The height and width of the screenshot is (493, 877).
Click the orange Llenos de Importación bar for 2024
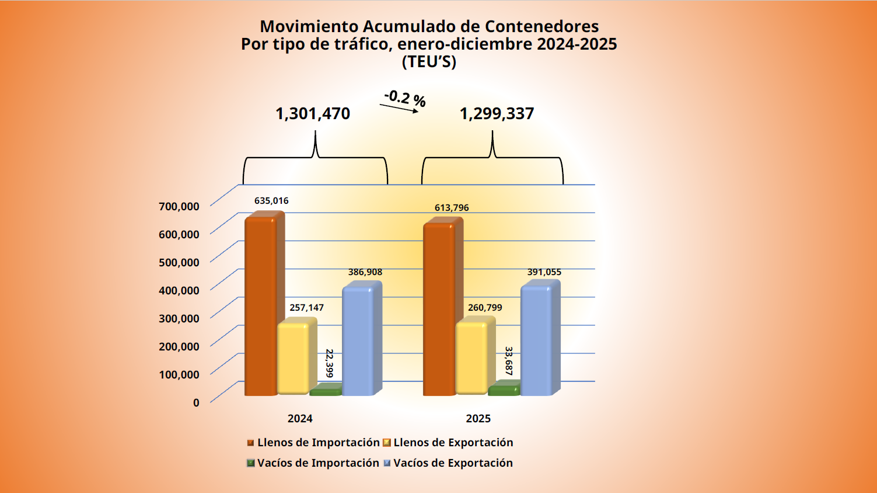[260, 307]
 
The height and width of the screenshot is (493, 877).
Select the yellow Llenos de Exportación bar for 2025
[471, 357]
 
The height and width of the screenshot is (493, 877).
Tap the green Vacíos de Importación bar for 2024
[325, 391]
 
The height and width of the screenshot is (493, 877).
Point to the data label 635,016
[271, 201]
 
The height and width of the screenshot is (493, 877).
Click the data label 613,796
[452, 208]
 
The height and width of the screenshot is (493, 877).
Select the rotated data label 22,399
[330, 363]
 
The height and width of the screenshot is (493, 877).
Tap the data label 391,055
[544, 272]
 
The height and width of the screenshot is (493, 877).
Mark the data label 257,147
[306, 308]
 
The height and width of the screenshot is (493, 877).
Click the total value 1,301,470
[313, 113]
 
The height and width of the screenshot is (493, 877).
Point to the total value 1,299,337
[497, 113]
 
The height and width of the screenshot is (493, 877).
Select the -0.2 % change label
[405, 98]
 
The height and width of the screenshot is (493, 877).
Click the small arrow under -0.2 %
[399, 108]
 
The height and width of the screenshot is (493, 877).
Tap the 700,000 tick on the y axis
[179, 206]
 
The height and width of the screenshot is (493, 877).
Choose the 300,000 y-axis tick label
[179, 318]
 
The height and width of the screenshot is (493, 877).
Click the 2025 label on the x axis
[478, 419]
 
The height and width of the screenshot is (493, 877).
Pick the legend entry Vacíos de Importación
[318, 463]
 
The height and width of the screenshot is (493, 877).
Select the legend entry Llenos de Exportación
[453, 443]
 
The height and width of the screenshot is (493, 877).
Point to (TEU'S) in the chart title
[429, 62]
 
